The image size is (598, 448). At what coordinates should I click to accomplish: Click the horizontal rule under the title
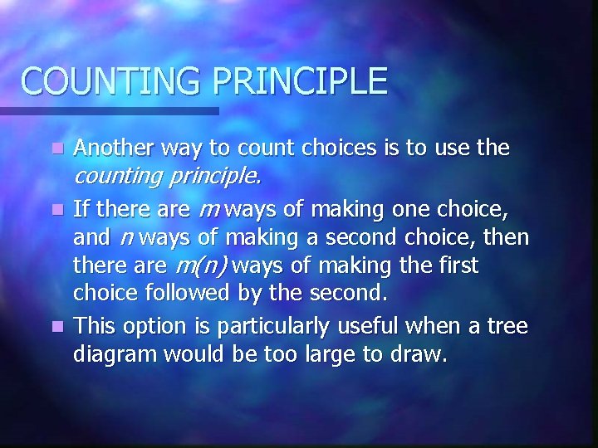109,110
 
